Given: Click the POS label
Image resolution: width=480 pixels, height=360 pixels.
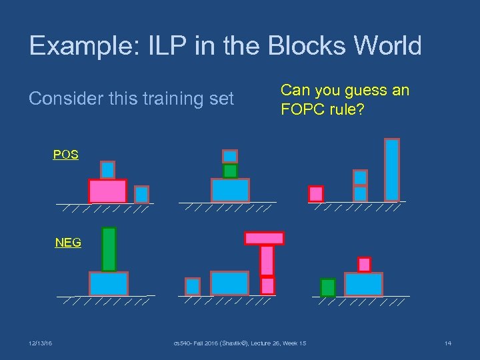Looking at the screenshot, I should point(66,155).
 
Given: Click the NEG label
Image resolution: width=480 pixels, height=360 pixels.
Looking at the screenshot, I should point(68,243).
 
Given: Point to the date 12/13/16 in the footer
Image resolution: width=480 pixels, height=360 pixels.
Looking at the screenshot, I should point(41,343).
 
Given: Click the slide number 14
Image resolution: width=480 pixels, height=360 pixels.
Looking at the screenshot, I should point(447,343).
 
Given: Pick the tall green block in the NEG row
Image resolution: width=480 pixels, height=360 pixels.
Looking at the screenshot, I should point(109,249).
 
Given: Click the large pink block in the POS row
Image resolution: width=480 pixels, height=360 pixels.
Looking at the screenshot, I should point(107,191).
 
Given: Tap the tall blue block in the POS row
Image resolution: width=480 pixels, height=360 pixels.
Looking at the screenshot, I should point(392,169).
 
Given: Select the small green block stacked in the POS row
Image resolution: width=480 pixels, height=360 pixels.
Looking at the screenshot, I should point(230,171).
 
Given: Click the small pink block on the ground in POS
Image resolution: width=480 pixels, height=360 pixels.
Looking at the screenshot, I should point(316,193).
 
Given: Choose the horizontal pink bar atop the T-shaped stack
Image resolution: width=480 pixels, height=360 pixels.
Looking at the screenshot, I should point(265,238).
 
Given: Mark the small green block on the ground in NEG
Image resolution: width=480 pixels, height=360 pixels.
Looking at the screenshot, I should point(327,287).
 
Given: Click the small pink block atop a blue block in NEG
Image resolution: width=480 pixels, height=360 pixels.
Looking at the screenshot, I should point(364,265).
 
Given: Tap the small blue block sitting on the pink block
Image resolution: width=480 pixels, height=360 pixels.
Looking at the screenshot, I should point(107,170).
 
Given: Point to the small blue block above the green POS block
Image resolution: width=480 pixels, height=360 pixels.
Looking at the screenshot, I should point(230,156).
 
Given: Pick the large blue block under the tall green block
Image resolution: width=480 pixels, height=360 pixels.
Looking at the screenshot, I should point(109,284).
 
